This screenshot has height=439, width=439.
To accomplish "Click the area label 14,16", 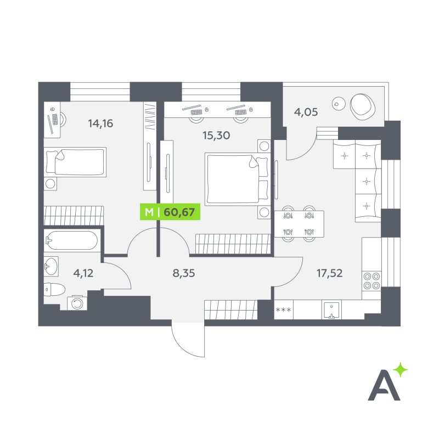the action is click(100, 123).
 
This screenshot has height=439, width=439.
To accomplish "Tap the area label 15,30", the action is click(216, 136).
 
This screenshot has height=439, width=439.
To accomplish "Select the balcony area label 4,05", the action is click(306, 112).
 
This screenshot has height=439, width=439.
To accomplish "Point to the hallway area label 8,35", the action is click(184, 273).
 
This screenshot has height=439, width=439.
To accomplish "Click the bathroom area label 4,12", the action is click(83, 273).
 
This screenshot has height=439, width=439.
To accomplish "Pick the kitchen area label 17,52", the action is click(329, 273).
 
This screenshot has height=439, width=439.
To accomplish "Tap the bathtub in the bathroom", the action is click(72, 240).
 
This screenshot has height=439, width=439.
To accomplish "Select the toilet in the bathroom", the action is click(54, 289).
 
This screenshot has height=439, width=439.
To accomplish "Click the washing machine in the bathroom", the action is click(77, 303).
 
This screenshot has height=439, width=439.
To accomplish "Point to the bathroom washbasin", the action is click(51, 266).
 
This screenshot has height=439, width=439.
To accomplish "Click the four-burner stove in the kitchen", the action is click(372, 281).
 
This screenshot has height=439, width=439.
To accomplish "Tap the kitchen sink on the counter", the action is click(332, 310).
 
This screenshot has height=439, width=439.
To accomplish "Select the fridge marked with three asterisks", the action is click(284, 309).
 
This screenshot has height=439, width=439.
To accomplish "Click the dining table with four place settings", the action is click(299, 224).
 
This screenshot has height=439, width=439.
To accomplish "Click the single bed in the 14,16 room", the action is click(75, 162).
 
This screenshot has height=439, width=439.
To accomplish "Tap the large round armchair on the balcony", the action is click(363, 106).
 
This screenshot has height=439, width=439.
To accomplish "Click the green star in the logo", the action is click(401, 369).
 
